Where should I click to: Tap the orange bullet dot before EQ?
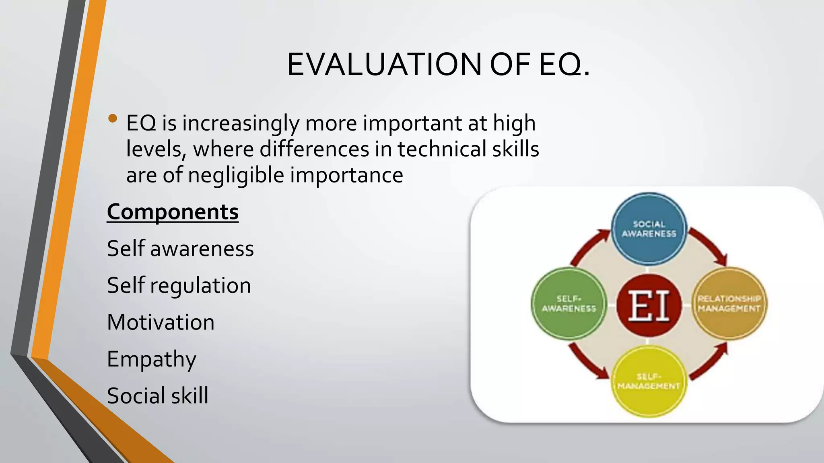(x=113, y=119)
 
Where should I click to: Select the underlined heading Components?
(x=173, y=212)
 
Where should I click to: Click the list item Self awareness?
(x=180, y=248)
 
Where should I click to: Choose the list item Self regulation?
(x=179, y=285)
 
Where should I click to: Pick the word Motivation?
(x=161, y=322)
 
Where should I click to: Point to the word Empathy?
(x=152, y=359)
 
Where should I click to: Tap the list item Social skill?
(x=158, y=396)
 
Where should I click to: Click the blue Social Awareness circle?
(x=649, y=228)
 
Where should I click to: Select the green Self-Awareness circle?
(x=569, y=303)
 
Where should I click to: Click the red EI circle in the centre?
(x=649, y=305)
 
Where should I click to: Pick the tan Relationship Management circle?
(x=729, y=303)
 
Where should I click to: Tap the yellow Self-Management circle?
(x=649, y=381)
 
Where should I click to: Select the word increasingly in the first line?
(x=241, y=123)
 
